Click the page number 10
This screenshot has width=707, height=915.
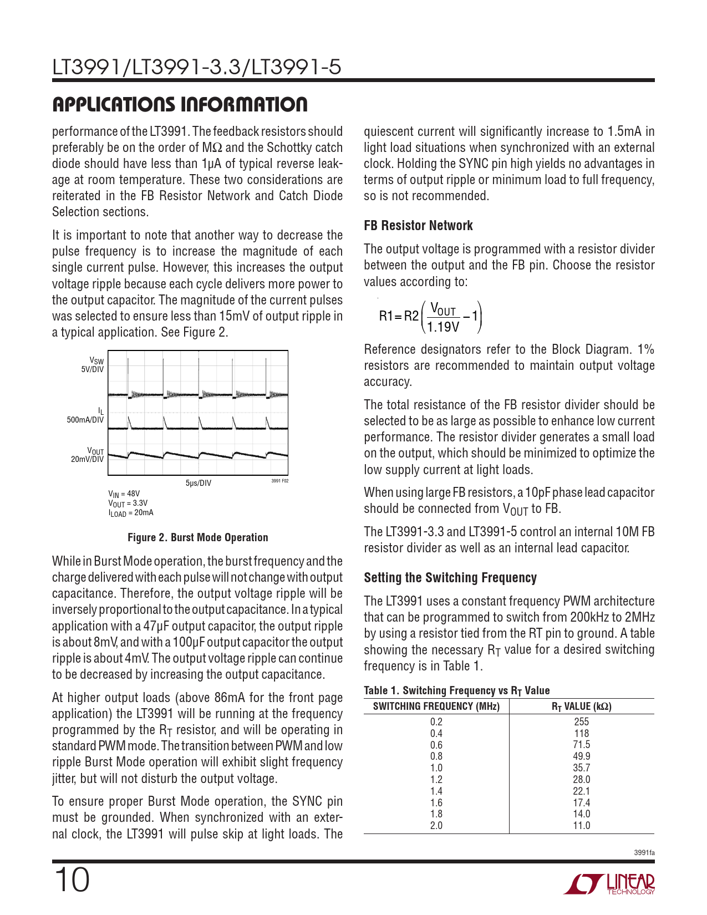click(71, 880)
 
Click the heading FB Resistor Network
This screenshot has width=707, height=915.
click(418, 226)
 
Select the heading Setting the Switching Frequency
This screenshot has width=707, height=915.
click(450, 578)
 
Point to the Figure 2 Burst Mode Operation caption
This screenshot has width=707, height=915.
click(197, 537)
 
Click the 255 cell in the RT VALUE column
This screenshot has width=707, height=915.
click(581, 721)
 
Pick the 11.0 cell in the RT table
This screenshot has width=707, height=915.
click(581, 825)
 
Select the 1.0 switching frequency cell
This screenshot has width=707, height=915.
click(436, 767)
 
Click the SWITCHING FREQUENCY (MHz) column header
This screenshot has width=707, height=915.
click(436, 706)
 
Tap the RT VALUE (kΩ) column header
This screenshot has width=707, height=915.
click(581, 706)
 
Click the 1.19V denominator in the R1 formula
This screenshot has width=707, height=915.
click(443, 327)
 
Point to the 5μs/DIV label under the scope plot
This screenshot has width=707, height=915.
click(198, 483)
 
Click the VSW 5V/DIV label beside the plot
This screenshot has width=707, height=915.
click(93, 365)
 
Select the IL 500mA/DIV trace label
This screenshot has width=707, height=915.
click(85, 415)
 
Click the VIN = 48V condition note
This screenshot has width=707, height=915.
click(124, 494)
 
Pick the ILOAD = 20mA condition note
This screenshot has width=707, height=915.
click(130, 513)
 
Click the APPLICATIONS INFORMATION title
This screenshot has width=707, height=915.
click(180, 104)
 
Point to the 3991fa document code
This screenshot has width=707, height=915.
click(644, 852)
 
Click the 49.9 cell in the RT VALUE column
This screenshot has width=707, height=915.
click(581, 756)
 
